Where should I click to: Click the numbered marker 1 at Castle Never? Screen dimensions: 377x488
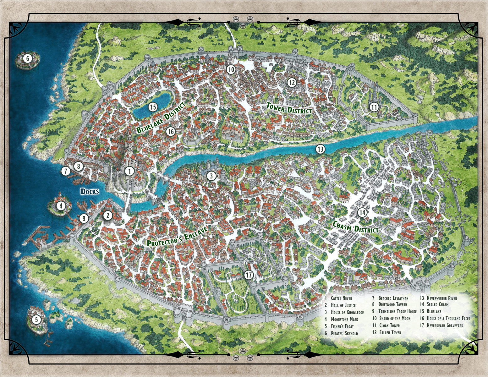coord(129,171)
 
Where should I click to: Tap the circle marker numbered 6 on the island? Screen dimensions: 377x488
coord(27,58)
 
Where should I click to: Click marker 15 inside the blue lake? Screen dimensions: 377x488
coord(153,107)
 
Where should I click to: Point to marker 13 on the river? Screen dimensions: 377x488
coord(320,149)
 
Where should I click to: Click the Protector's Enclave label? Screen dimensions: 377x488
coord(177,236)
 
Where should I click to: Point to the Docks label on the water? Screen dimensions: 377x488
coord(90,191)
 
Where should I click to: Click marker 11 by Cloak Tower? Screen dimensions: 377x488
coord(374,107)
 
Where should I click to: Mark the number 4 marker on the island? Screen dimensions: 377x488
coord(61,206)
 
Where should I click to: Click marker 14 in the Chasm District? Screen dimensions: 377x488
coord(362,213)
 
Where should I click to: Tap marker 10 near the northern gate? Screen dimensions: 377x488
coord(231,70)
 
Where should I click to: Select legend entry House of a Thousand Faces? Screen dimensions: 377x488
coord(448,319)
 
